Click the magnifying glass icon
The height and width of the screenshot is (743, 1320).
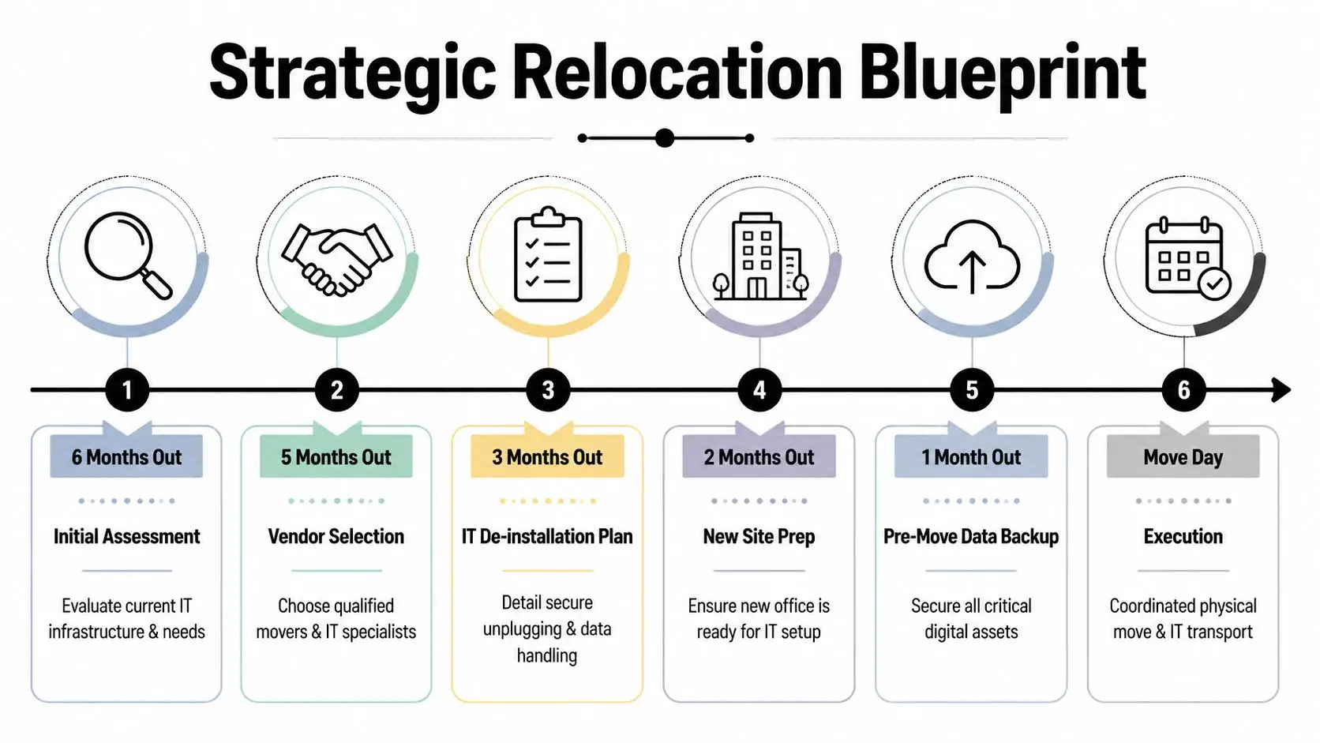(126, 255)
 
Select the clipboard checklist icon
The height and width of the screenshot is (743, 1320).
(548, 255)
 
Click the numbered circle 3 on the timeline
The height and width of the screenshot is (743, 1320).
(548, 390)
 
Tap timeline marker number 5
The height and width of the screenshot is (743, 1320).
(972, 390)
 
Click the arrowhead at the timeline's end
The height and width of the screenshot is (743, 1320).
(1281, 390)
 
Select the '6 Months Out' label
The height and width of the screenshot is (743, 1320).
(126, 457)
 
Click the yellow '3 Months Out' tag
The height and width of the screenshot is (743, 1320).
(547, 457)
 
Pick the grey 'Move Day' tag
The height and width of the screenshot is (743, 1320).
(1183, 457)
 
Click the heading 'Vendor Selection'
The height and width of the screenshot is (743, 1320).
(336, 537)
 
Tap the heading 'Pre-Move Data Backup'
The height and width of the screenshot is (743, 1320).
(971, 537)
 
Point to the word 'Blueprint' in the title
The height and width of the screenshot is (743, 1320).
(1003, 73)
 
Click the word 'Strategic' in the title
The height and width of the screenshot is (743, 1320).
(352, 73)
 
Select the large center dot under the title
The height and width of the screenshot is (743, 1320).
(665, 138)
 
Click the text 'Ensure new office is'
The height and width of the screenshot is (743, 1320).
(759, 606)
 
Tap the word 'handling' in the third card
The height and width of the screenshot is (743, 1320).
(547, 655)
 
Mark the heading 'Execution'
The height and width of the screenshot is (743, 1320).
(1183, 537)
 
